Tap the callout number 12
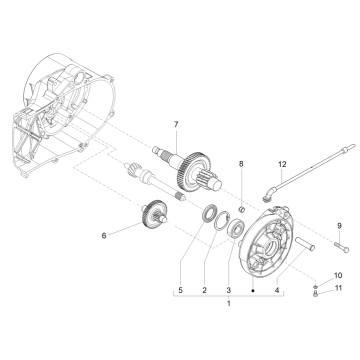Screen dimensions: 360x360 [x=254, y=163]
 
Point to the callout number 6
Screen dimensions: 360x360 [x=131, y=237]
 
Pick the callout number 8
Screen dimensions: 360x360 [x=239, y=162]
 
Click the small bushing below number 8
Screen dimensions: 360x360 [x=240, y=182]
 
